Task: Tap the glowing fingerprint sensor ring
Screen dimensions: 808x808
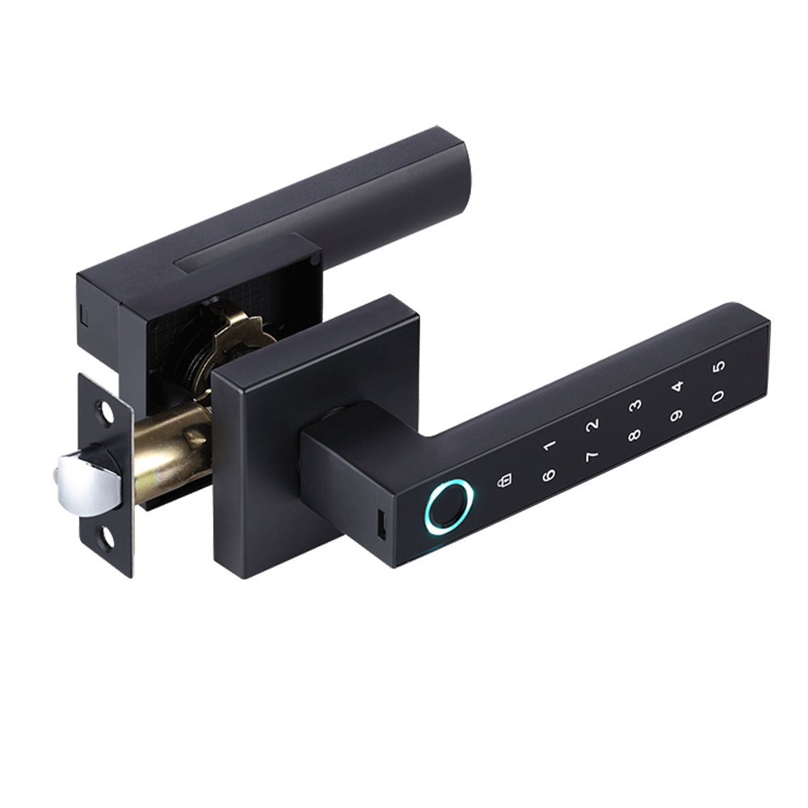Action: pos(449,507)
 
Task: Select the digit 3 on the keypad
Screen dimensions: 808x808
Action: pos(635,405)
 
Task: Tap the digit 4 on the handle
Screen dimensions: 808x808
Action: pos(677,386)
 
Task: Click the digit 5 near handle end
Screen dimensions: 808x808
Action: pos(719,365)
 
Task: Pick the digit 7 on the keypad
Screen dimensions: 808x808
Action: pos(592,457)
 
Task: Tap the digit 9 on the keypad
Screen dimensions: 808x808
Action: pos(676,417)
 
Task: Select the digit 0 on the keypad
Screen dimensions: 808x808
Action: pos(718,397)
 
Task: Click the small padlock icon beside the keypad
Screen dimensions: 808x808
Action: pos(504,480)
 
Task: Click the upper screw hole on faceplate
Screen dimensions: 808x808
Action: pos(106,412)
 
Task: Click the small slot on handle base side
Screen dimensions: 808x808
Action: pos(379,527)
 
